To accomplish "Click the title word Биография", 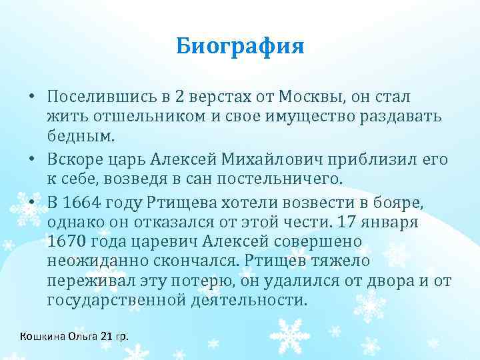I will pyautogui.click(x=240, y=47).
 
